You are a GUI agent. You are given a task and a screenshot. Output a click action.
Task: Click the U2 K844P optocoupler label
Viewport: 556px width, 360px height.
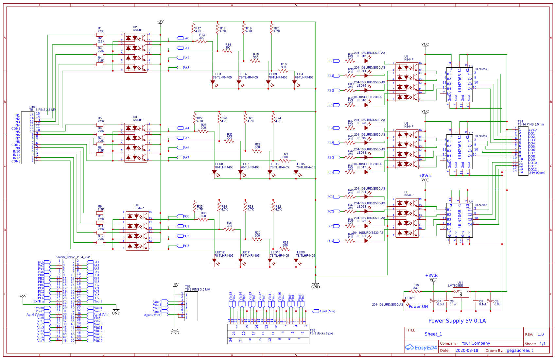tap(137, 28)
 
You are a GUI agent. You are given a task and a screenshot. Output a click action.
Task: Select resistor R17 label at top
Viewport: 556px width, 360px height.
tap(198, 30)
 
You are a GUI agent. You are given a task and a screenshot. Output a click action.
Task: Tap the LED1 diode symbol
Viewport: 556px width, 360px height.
tap(213, 83)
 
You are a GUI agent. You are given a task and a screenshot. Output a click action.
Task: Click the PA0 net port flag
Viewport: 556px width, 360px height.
tap(180, 38)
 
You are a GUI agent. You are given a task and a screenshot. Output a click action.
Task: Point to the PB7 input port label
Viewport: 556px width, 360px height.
tap(330, 172)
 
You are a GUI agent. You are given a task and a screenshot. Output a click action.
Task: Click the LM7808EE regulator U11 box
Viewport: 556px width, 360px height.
tap(461, 292)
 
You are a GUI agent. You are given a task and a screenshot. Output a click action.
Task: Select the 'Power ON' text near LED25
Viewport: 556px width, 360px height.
tap(418, 306)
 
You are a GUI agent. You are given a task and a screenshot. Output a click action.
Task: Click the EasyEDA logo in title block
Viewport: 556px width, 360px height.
tap(421, 348)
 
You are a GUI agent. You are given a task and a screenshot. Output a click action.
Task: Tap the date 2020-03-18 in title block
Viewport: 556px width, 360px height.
tap(466, 350)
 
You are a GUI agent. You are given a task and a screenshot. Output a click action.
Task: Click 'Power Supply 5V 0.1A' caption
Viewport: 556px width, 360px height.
tap(457, 321)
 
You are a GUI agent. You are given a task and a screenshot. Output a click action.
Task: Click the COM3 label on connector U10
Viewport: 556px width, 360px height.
tap(16, 161)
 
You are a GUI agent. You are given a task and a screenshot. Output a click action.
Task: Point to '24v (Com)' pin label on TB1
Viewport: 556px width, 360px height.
tap(537, 173)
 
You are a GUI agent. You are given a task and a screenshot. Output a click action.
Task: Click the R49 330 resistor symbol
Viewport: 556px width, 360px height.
tap(415, 291)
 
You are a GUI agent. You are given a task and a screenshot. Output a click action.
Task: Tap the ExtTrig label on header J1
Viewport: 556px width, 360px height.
tap(38, 301)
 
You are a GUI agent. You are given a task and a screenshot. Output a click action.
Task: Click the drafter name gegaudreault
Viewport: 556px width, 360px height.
tap(520, 350)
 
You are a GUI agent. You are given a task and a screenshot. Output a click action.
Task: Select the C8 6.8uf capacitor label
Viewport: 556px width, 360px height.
tap(497, 303)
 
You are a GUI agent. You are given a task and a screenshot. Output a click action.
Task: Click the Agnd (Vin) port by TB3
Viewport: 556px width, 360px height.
tap(327, 311)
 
